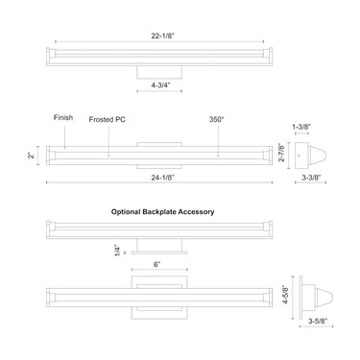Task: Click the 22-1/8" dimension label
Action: point(162,36)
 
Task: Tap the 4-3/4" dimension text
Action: point(161,85)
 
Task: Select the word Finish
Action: point(63,118)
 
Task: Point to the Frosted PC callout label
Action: point(107,120)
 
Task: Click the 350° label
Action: point(217,119)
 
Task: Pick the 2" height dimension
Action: point(31,156)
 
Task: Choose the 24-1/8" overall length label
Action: point(162,178)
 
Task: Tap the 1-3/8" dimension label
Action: point(301,127)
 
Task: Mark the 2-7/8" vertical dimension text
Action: point(281,153)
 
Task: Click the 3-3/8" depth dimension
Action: point(311,178)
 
